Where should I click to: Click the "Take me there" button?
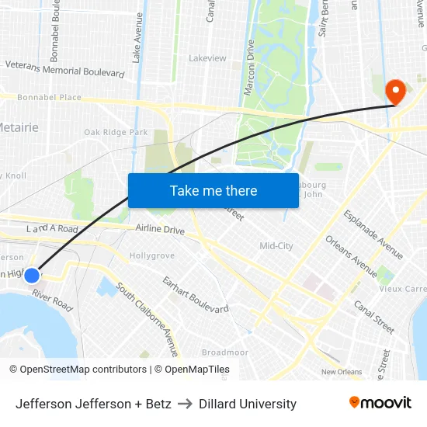click(x=213, y=190)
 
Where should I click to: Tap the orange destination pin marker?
click(x=395, y=92)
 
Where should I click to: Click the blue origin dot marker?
click(x=32, y=275)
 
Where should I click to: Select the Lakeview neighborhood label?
click(x=207, y=58)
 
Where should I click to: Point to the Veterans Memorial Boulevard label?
click(x=65, y=69)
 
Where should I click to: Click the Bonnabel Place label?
click(x=49, y=97)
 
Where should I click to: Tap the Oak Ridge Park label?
click(x=116, y=133)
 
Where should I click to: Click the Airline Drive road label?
click(x=160, y=230)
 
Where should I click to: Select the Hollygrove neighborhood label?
click(x=152, y=255)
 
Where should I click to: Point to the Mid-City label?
click(x=276, y=246)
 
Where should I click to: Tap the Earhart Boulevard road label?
click(x=195, y=294)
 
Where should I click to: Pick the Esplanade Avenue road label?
click(x=373, y=234)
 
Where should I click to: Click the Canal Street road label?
click(x=373, y=313)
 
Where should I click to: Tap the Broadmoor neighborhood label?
click(x=225, y=352)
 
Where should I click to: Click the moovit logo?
click(x=380, y=403)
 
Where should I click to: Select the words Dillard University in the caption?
click(x=248, y=404)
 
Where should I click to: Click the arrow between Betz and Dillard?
click(x=185, y=404)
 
